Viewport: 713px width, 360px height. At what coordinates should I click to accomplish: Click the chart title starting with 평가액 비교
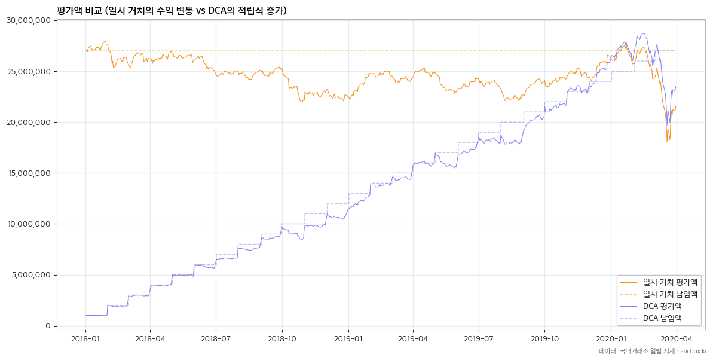click(172, 10)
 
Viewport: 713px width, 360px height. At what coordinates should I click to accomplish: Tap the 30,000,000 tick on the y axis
click(28, 20)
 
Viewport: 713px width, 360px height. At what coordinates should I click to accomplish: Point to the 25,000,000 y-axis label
click(28, 71)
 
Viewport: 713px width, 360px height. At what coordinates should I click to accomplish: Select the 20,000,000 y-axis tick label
click(28, 123)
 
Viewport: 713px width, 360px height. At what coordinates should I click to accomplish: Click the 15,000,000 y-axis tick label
click(28, 173)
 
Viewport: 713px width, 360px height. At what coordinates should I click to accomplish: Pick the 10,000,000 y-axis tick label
click(28, 224)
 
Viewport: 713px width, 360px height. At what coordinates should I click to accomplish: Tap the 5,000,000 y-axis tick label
click(30, 275)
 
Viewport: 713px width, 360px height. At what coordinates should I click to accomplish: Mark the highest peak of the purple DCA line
click(642, 33)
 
